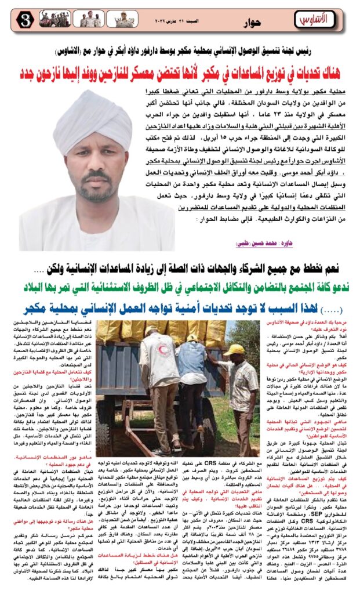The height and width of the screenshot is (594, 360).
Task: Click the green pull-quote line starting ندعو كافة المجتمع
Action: click(x=180, y=286)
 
